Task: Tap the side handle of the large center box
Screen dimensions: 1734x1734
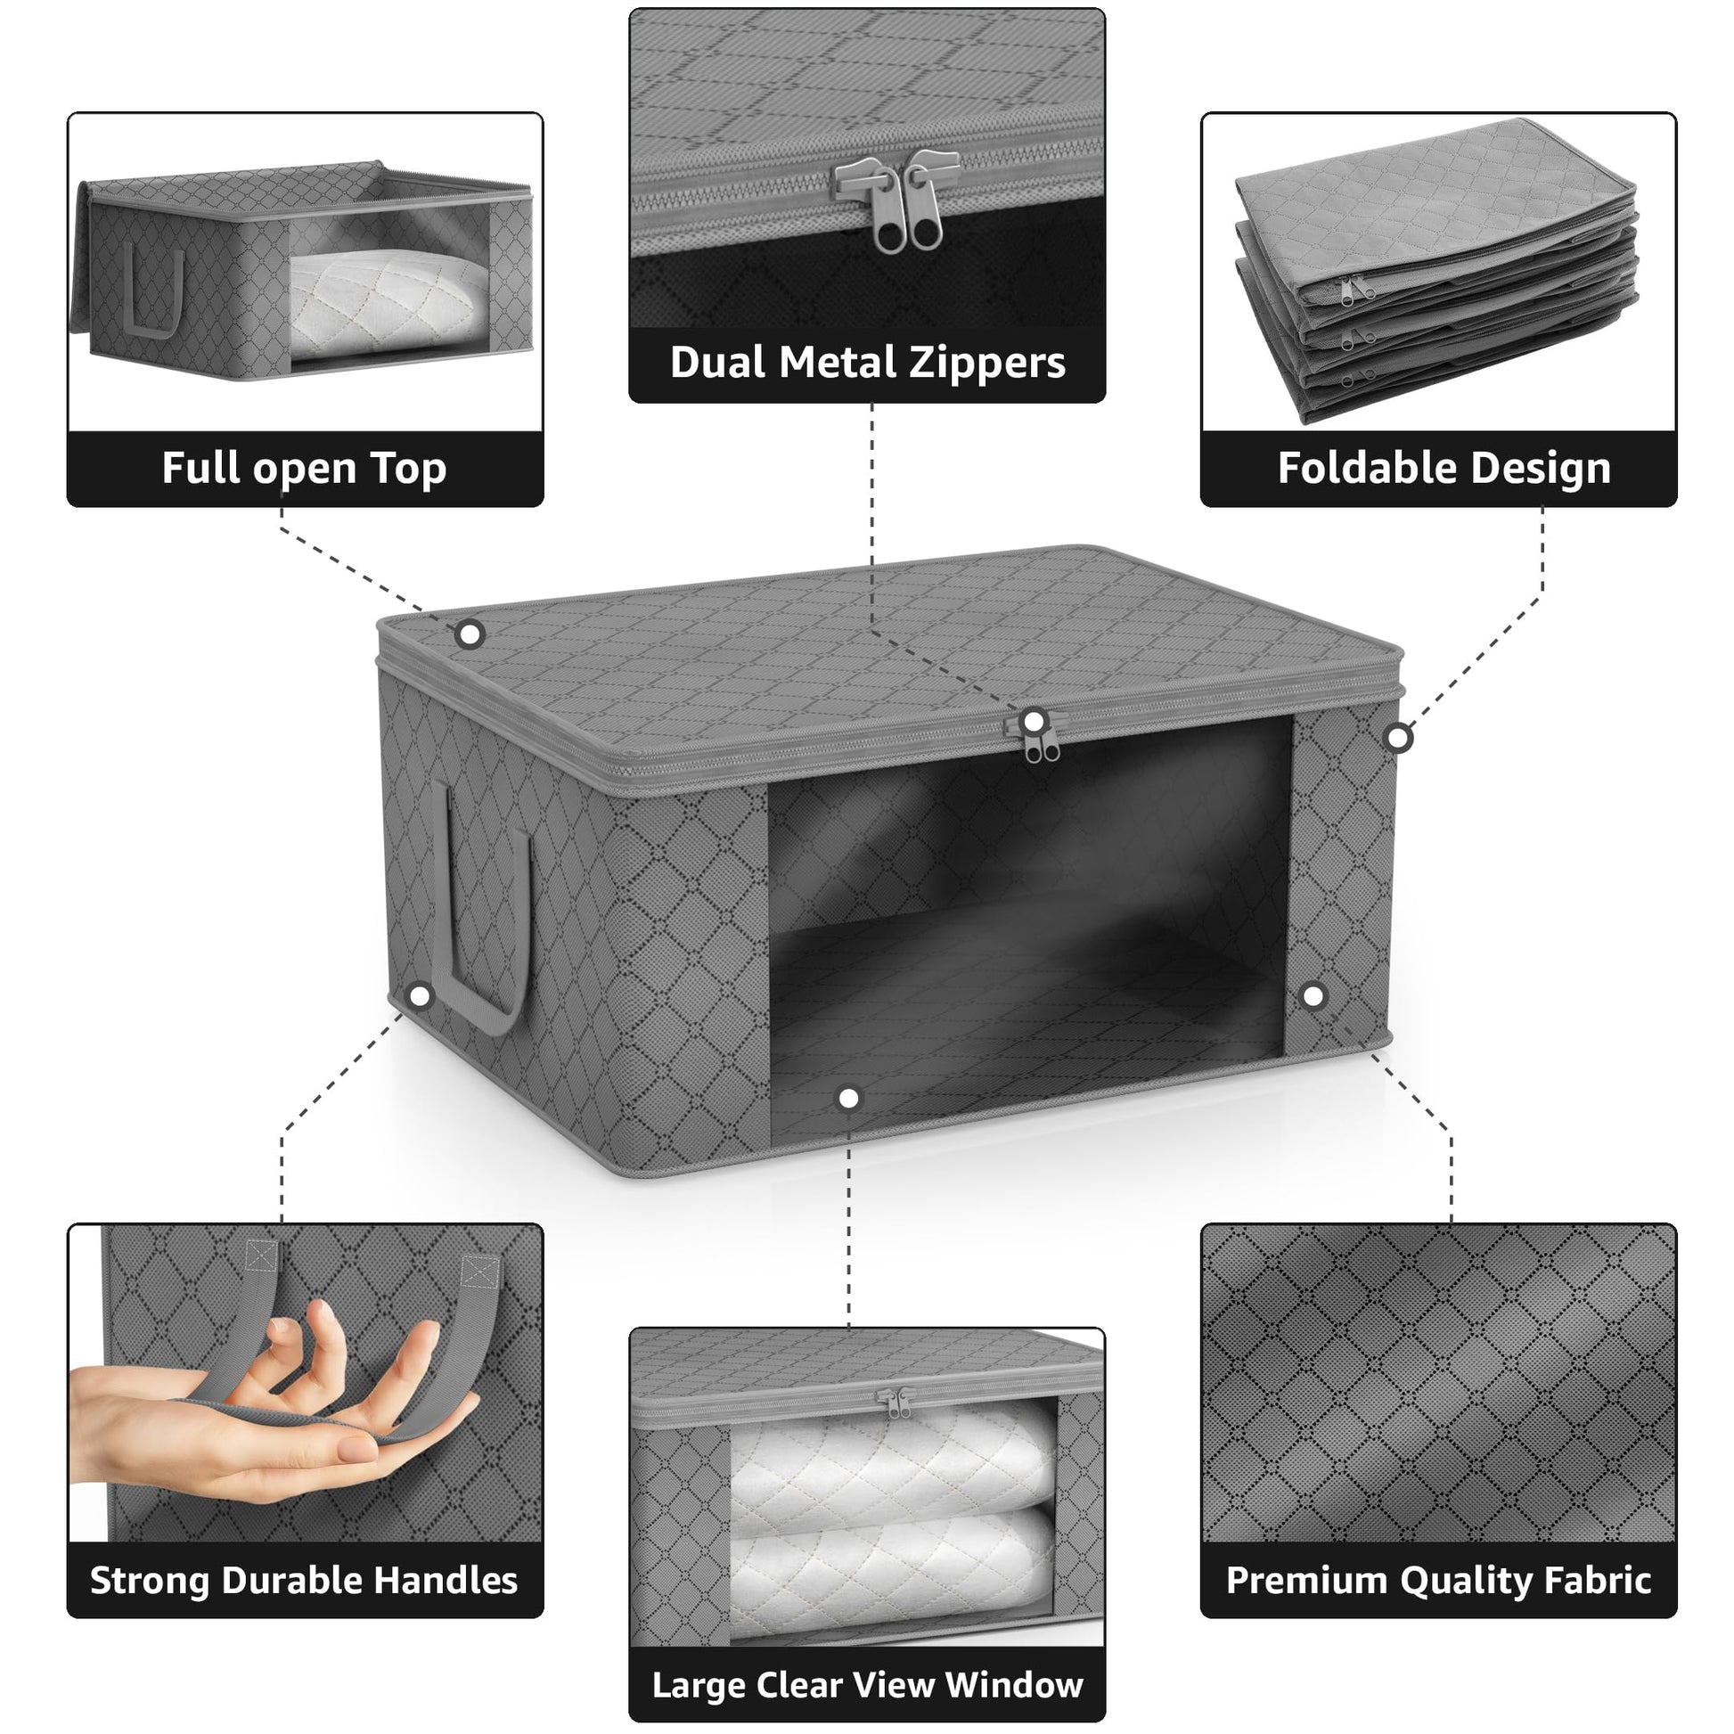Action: (480, 906)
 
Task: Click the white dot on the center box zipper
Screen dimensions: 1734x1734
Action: (1034, 722)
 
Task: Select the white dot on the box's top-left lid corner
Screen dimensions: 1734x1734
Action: (470, 635)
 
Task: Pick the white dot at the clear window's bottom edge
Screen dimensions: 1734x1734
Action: (848, 1098)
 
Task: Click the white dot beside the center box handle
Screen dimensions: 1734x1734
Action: (420, 995)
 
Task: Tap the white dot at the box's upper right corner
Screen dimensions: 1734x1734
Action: (1398, 739)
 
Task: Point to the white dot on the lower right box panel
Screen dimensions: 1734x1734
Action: (1313, 995)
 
